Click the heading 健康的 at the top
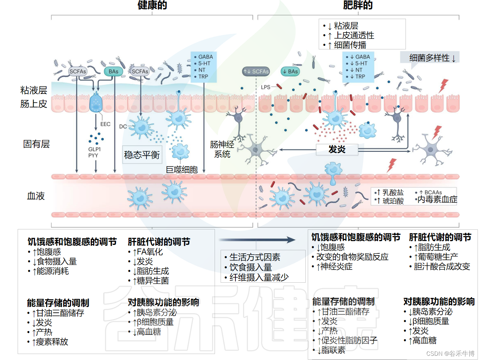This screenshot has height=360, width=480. (x=152, y=5)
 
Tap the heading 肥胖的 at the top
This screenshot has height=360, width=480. (x=358, y=5)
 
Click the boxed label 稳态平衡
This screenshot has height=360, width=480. (x=142, y=155)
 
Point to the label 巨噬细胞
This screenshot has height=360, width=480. (x=182, y=170)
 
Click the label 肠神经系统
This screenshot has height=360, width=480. (x=222, y=149)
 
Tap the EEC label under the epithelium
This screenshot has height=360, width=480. (x=105, y=124)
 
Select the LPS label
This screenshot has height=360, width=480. (x=265, y=87)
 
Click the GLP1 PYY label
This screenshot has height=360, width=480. (x=94, y=152)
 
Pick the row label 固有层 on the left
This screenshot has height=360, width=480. (x=36, y=144)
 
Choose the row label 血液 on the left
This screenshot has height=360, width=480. (x=36, y=196)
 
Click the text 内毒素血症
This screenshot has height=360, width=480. (x=437, y=200)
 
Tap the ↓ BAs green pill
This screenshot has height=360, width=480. (x=290, y=71)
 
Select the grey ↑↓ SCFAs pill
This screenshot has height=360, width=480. (x=256, y=71)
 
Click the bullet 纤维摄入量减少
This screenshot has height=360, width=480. (x=259, y=277)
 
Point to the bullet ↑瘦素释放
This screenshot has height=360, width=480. (x=50, y=342)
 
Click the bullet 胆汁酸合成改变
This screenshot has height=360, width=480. (x=442, y=266)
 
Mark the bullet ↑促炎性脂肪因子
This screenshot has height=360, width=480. (x=347, y=340)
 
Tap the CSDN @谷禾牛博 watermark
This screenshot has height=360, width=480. (x=450, y=353)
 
